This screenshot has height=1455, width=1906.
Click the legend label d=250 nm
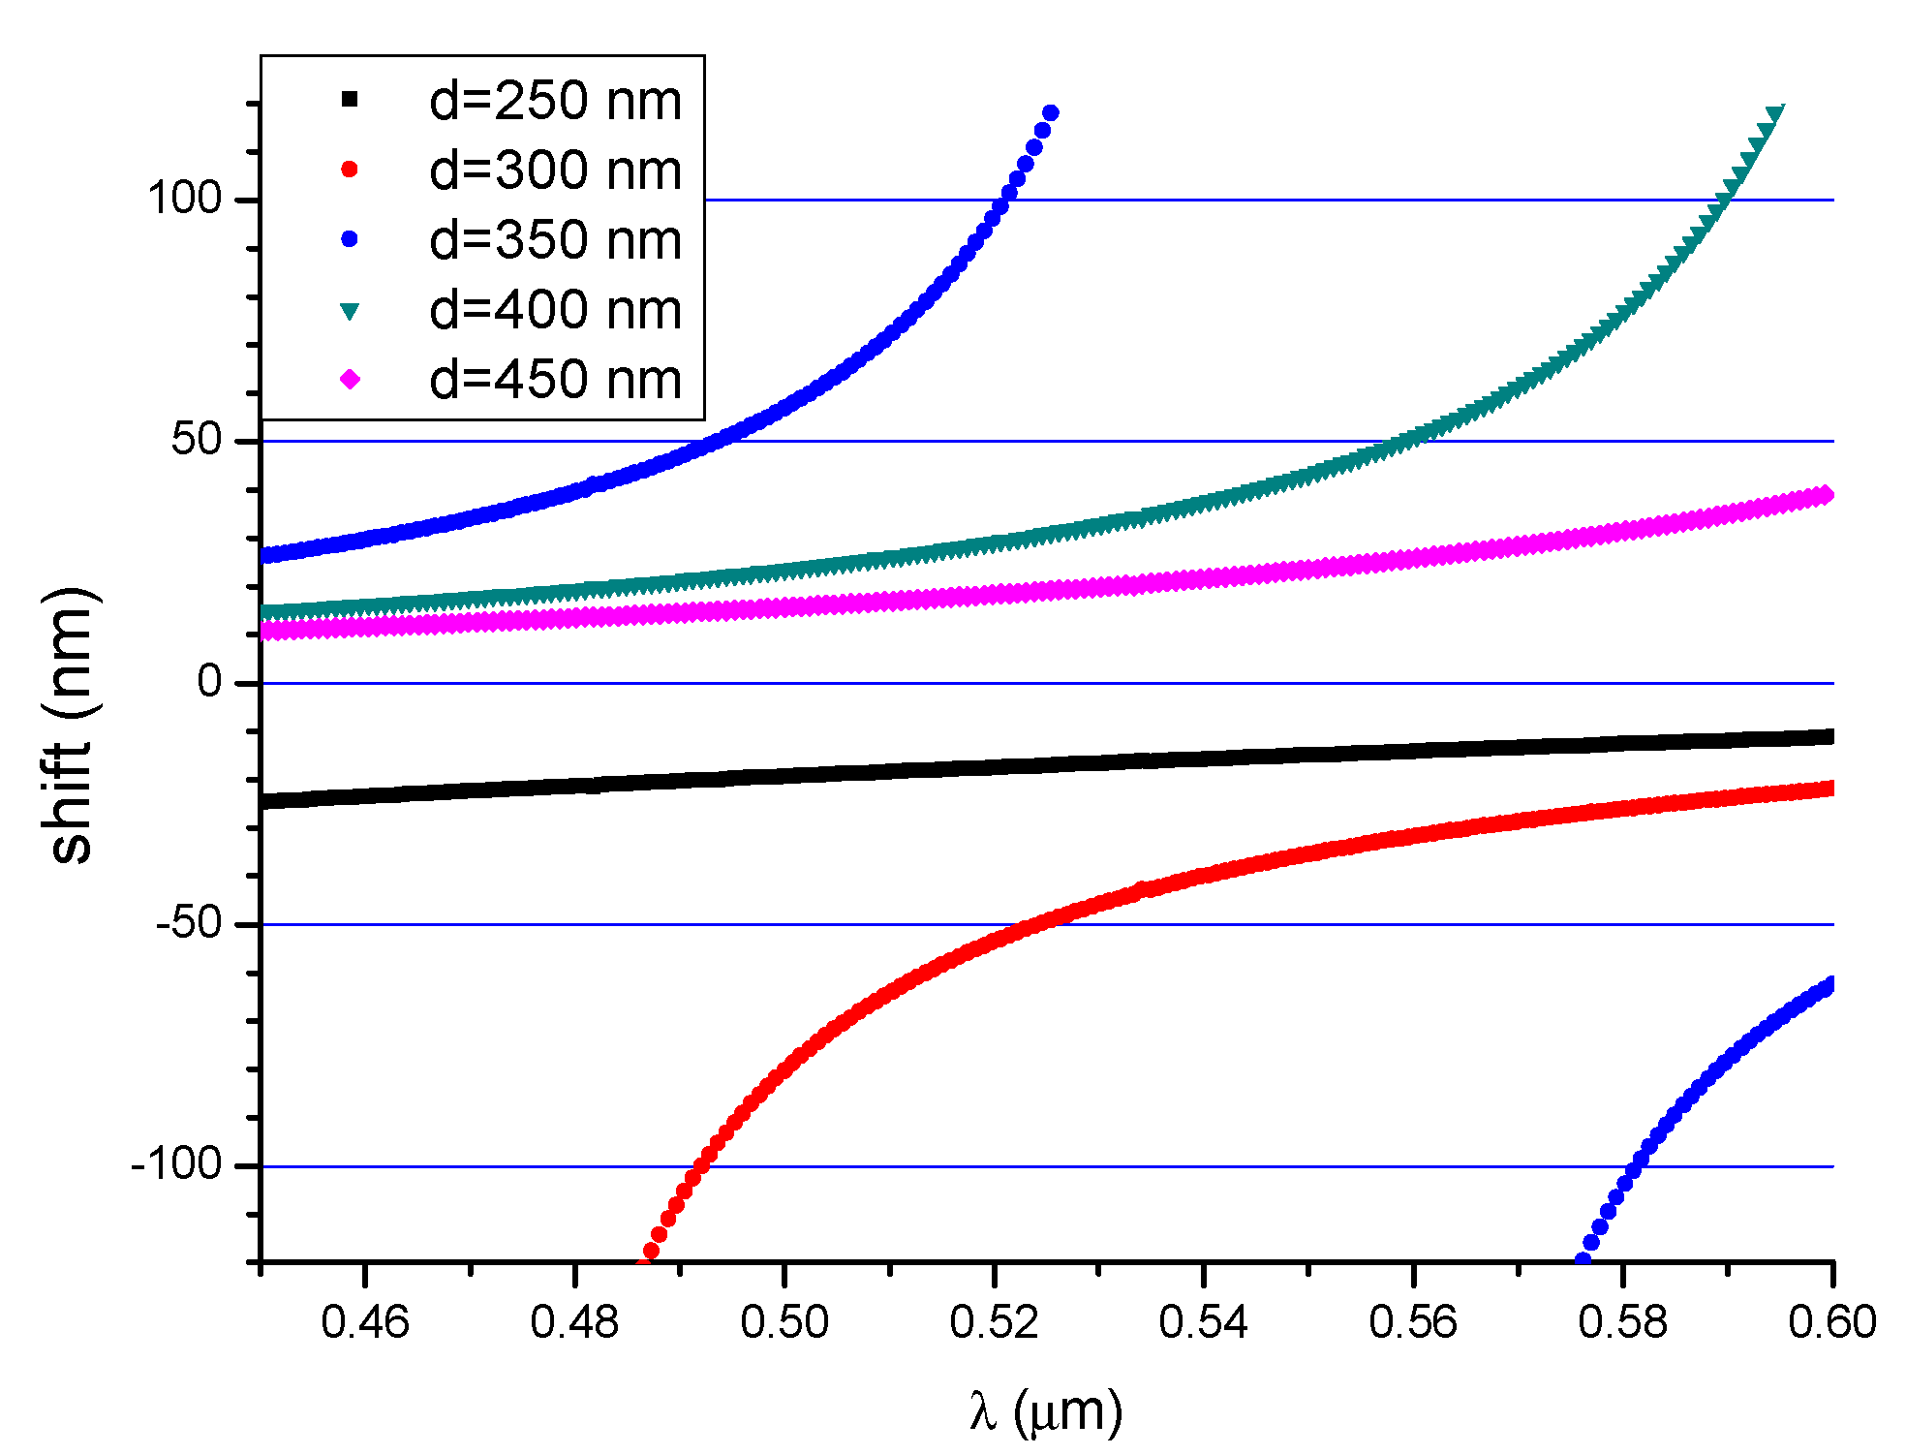coord(555,101)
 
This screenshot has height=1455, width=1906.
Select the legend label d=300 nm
coord(555,170)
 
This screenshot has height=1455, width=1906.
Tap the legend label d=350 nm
coord(555,240)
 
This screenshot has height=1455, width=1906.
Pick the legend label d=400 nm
coord(555,310)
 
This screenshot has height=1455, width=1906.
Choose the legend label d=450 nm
coord(555,380)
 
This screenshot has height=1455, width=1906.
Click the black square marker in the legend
coord(350,99)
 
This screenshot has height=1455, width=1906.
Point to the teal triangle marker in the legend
coord(350,311)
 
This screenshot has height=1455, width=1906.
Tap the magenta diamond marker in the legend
coord(350,380)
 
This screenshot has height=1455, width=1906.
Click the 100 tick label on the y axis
coord(185,199)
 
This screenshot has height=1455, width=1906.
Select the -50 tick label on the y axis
coord(190,923)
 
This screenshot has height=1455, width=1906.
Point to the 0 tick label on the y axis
coord(209,682)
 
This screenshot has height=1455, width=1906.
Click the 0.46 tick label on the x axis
coord(365,1322)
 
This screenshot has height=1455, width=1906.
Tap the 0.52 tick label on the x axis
coord(994,1322)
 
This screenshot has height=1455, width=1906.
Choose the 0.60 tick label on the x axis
coord(1831,1322)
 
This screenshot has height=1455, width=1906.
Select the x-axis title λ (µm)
coord(1046,1411)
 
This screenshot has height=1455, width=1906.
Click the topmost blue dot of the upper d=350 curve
coord(1050,113)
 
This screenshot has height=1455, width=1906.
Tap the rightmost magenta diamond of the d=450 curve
coord(1827,495)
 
